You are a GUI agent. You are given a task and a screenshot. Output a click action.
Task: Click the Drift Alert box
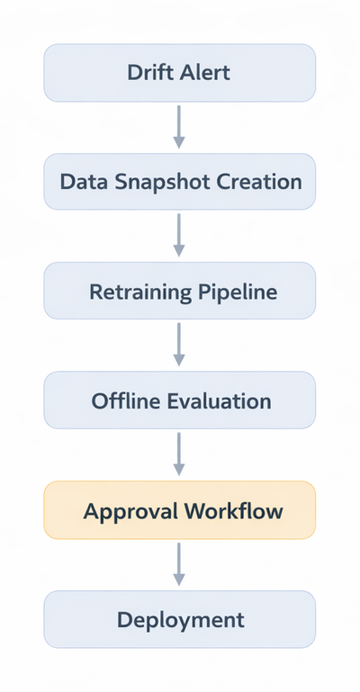point(180,72)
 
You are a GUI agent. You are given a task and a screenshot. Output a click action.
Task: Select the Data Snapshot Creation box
point(180,182)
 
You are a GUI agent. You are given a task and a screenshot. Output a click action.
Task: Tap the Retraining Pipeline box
point(180,292)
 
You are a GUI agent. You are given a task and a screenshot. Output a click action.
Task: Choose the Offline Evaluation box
point(180,400)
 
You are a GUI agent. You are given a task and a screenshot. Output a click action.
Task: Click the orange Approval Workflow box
point(180,510)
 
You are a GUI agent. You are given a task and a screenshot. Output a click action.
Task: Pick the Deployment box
point(180,619)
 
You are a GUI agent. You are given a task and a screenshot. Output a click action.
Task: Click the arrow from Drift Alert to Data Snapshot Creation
point(179,127)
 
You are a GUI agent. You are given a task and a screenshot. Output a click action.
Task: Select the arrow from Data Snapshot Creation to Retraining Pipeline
point(179,237)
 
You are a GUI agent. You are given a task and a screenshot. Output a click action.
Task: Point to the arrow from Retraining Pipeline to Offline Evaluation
point(179,346)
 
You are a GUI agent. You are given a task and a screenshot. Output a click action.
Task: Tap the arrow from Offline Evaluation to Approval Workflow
point(179,455)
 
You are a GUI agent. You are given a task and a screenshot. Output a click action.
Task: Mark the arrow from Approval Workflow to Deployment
point(179,564)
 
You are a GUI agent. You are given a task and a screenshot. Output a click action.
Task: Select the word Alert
point(206,72)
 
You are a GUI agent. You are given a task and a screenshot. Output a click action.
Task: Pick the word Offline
point(126,401)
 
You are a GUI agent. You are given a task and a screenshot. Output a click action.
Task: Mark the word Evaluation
point(220,401)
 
